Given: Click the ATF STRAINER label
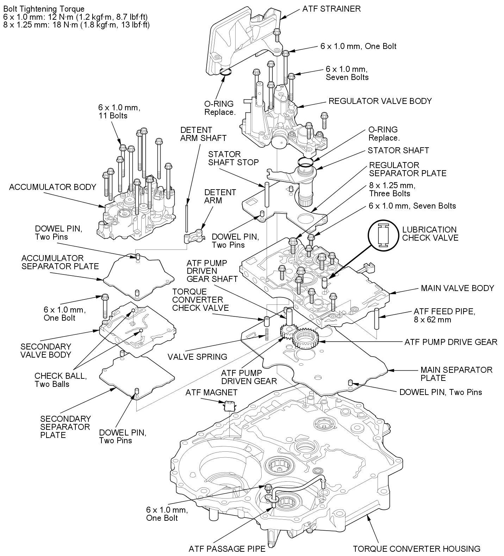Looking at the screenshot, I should click(x=331, y=9).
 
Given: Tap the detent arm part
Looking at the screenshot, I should click(x=194, y=236).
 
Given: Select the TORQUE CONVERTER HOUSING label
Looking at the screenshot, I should click(x=417, y=549).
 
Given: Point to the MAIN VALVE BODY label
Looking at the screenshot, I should click(x=457, y=288).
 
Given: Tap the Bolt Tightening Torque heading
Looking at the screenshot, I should click(x=43, y=8).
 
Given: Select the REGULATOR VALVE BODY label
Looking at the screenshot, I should click(x=380, y=101).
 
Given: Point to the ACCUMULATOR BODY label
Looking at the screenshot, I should click(x=52, y=187).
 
